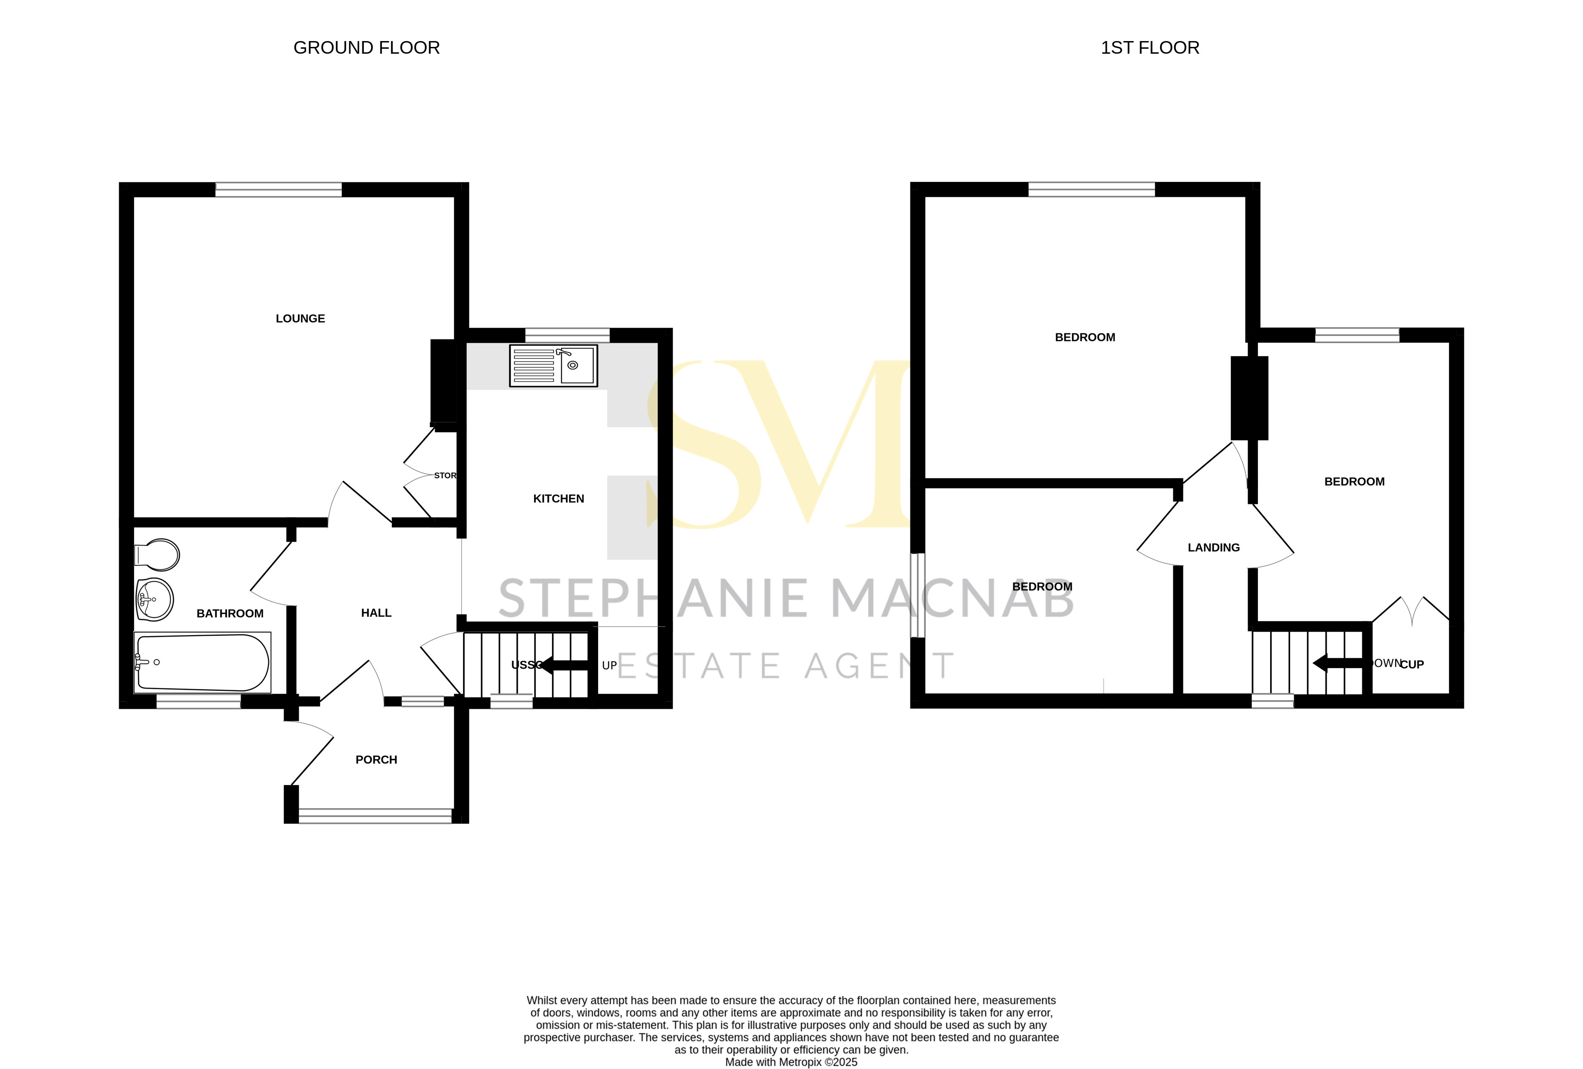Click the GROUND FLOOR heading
[x=367, y=48]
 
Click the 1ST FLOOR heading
[x=1150, y=48]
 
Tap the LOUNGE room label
[x=300, y=318]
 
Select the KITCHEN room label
[x=558, y=499]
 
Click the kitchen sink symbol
[x=553, y=366]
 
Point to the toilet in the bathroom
[x=158, y=555]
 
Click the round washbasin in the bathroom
[x=155, y=600]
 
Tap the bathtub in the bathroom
[x=202, y=662]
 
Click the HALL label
[x=376, y=613]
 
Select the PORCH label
[x=376, y=760]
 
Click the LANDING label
[x=1213, y=548]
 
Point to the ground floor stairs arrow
[x=562, y=665]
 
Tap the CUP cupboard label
[x=1412, y=665]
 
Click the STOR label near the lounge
[x=445, y=475]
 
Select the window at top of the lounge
[x=279, y=190]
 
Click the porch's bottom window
[x=375, y=816]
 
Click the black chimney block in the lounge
[x=443, y=381]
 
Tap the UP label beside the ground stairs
[x=609, y=666]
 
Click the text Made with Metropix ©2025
[x=791, y=1062]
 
